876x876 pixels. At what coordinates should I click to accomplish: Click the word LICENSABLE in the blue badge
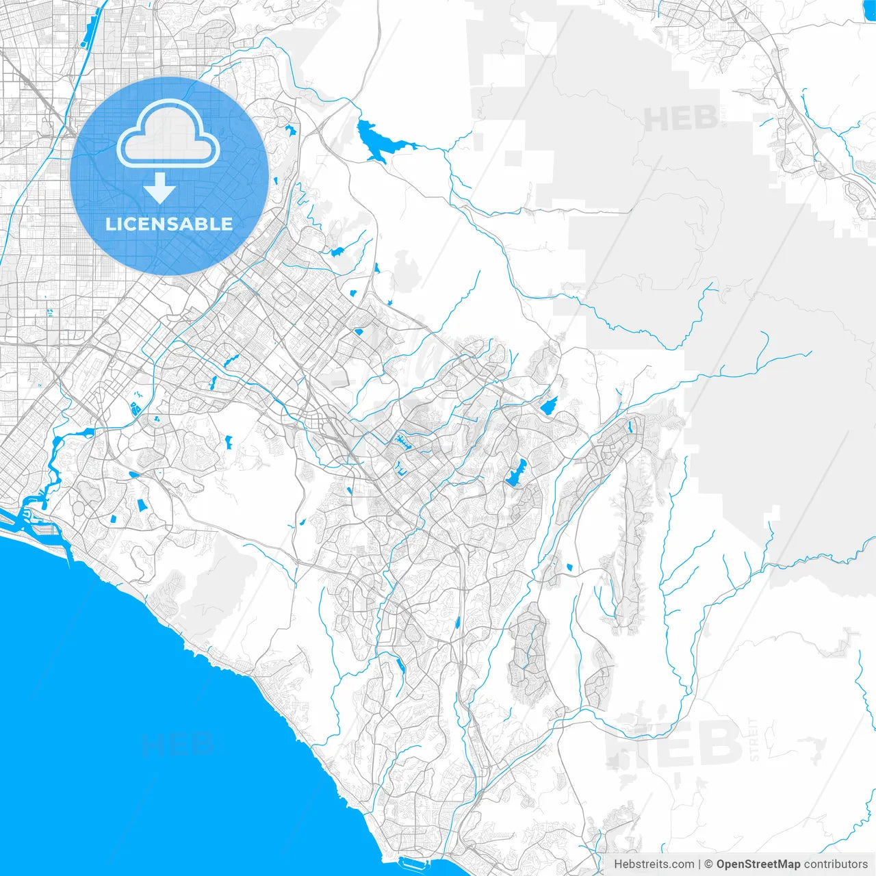click(x=169, y=224)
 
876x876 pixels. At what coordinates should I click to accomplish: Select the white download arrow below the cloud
click(x=159, y=188)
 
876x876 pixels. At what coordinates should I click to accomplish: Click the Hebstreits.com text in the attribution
click(x=654, y=864)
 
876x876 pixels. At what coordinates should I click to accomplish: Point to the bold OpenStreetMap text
click(x=758, y=864)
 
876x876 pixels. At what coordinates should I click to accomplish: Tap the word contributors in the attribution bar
click(x=836, y=864)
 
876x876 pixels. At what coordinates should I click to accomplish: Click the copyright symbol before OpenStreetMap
click(x=709, y=864)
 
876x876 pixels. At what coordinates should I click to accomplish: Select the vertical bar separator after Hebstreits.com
click(x=699, y=864)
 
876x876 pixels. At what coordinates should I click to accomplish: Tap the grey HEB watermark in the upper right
click(x=681, y=119)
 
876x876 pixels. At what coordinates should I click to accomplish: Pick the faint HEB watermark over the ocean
click(x=178, y=745)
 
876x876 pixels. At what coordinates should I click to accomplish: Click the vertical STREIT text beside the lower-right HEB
click(x=754, y=739)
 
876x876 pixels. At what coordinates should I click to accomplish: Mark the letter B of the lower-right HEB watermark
click(x=719, y=743)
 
